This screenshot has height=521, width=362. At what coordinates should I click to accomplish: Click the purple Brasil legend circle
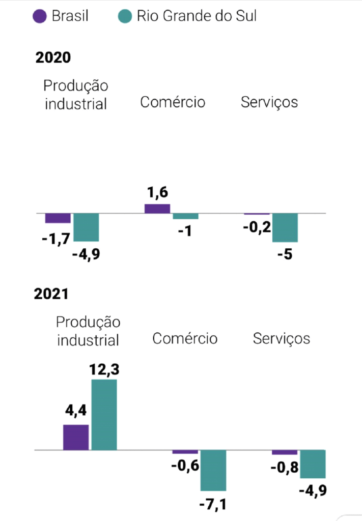click(40, 16)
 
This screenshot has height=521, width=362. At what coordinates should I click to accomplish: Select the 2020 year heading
click(53, 57)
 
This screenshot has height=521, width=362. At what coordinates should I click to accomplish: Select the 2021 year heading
click(51, 294)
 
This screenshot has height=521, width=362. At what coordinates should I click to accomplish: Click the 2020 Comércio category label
click(173, 102)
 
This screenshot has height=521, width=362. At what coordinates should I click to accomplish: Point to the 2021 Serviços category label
click(281, 338)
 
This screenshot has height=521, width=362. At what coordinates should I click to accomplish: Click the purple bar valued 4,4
click(76, 437)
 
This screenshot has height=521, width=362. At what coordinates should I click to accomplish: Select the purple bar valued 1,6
click(157, 208)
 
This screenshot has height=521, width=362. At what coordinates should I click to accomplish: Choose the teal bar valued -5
click(285, 227)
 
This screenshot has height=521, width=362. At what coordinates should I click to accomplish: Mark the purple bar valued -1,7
click(58, 218)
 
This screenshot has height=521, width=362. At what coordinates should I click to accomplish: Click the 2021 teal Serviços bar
click(313, 464)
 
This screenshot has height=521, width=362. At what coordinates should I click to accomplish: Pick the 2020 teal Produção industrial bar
click(86, 227)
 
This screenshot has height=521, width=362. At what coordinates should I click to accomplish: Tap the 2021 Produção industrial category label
click(88, 331)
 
